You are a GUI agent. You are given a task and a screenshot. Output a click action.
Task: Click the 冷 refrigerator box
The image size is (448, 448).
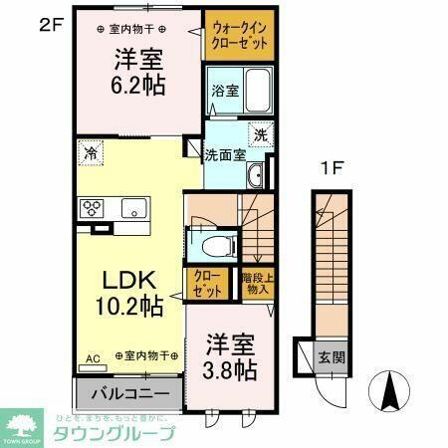pos(91,154)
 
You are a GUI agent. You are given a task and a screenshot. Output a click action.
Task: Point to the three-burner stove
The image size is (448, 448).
pos(93,208)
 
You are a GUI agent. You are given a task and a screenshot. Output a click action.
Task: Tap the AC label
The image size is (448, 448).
pos(92,355)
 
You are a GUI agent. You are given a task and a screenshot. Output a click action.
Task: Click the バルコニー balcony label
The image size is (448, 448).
pos(128,393)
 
